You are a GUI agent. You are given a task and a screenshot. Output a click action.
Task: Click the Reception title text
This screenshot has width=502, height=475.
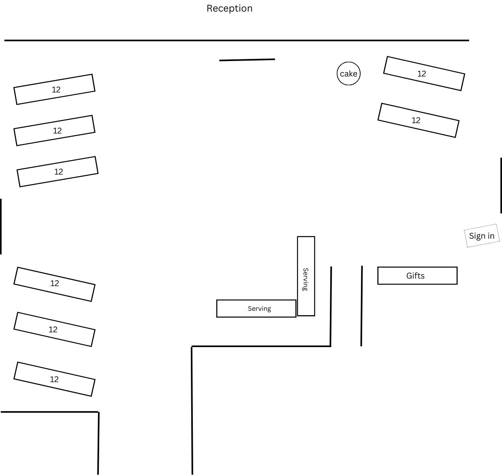(229, 8)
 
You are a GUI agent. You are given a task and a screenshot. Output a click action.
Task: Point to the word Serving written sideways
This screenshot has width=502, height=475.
(306, 279)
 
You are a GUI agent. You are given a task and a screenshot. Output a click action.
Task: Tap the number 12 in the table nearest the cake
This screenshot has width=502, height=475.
(422, 74)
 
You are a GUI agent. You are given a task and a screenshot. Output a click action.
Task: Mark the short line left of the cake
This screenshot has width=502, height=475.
(247, 60)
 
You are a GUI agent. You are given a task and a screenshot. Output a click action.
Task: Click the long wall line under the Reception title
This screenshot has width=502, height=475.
(237, 40)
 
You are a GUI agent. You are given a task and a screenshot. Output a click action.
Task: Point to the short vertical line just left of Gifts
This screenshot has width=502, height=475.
(362, 306)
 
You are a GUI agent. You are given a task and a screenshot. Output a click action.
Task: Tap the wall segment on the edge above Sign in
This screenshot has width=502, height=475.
(501, 185)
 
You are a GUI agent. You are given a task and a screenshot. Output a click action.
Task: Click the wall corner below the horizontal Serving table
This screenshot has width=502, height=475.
(192, 347)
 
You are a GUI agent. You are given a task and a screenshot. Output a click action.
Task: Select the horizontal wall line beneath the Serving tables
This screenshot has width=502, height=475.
(261, 346)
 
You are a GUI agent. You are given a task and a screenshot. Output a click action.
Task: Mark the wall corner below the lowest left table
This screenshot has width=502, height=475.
(98, 412)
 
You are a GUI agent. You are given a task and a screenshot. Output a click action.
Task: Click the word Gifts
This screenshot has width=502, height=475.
(415, 275)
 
